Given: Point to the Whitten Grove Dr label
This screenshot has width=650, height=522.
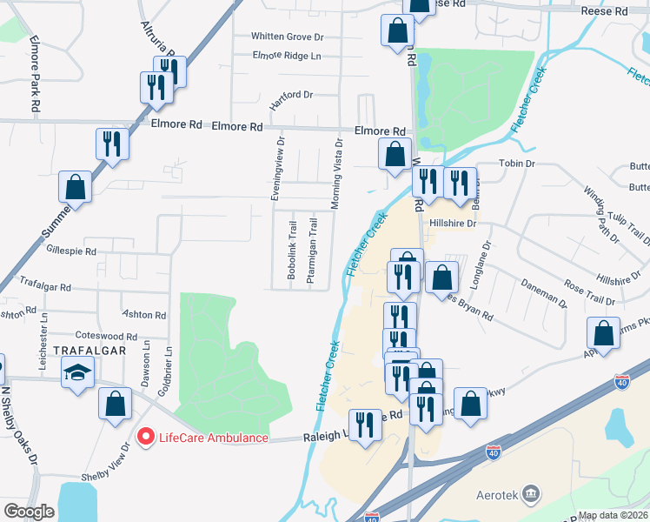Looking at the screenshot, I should click(x=287, y=37).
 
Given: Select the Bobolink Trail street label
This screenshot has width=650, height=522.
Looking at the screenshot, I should click(x=291, y=248).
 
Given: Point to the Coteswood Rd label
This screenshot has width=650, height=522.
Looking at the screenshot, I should click(x=107, y=336).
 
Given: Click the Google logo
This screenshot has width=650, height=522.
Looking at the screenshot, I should click(x=29, y=512).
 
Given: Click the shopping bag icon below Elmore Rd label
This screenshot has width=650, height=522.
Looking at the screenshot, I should click(x=395, y=154).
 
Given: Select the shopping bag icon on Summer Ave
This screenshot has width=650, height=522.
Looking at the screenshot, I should click(x=76, y=187).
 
